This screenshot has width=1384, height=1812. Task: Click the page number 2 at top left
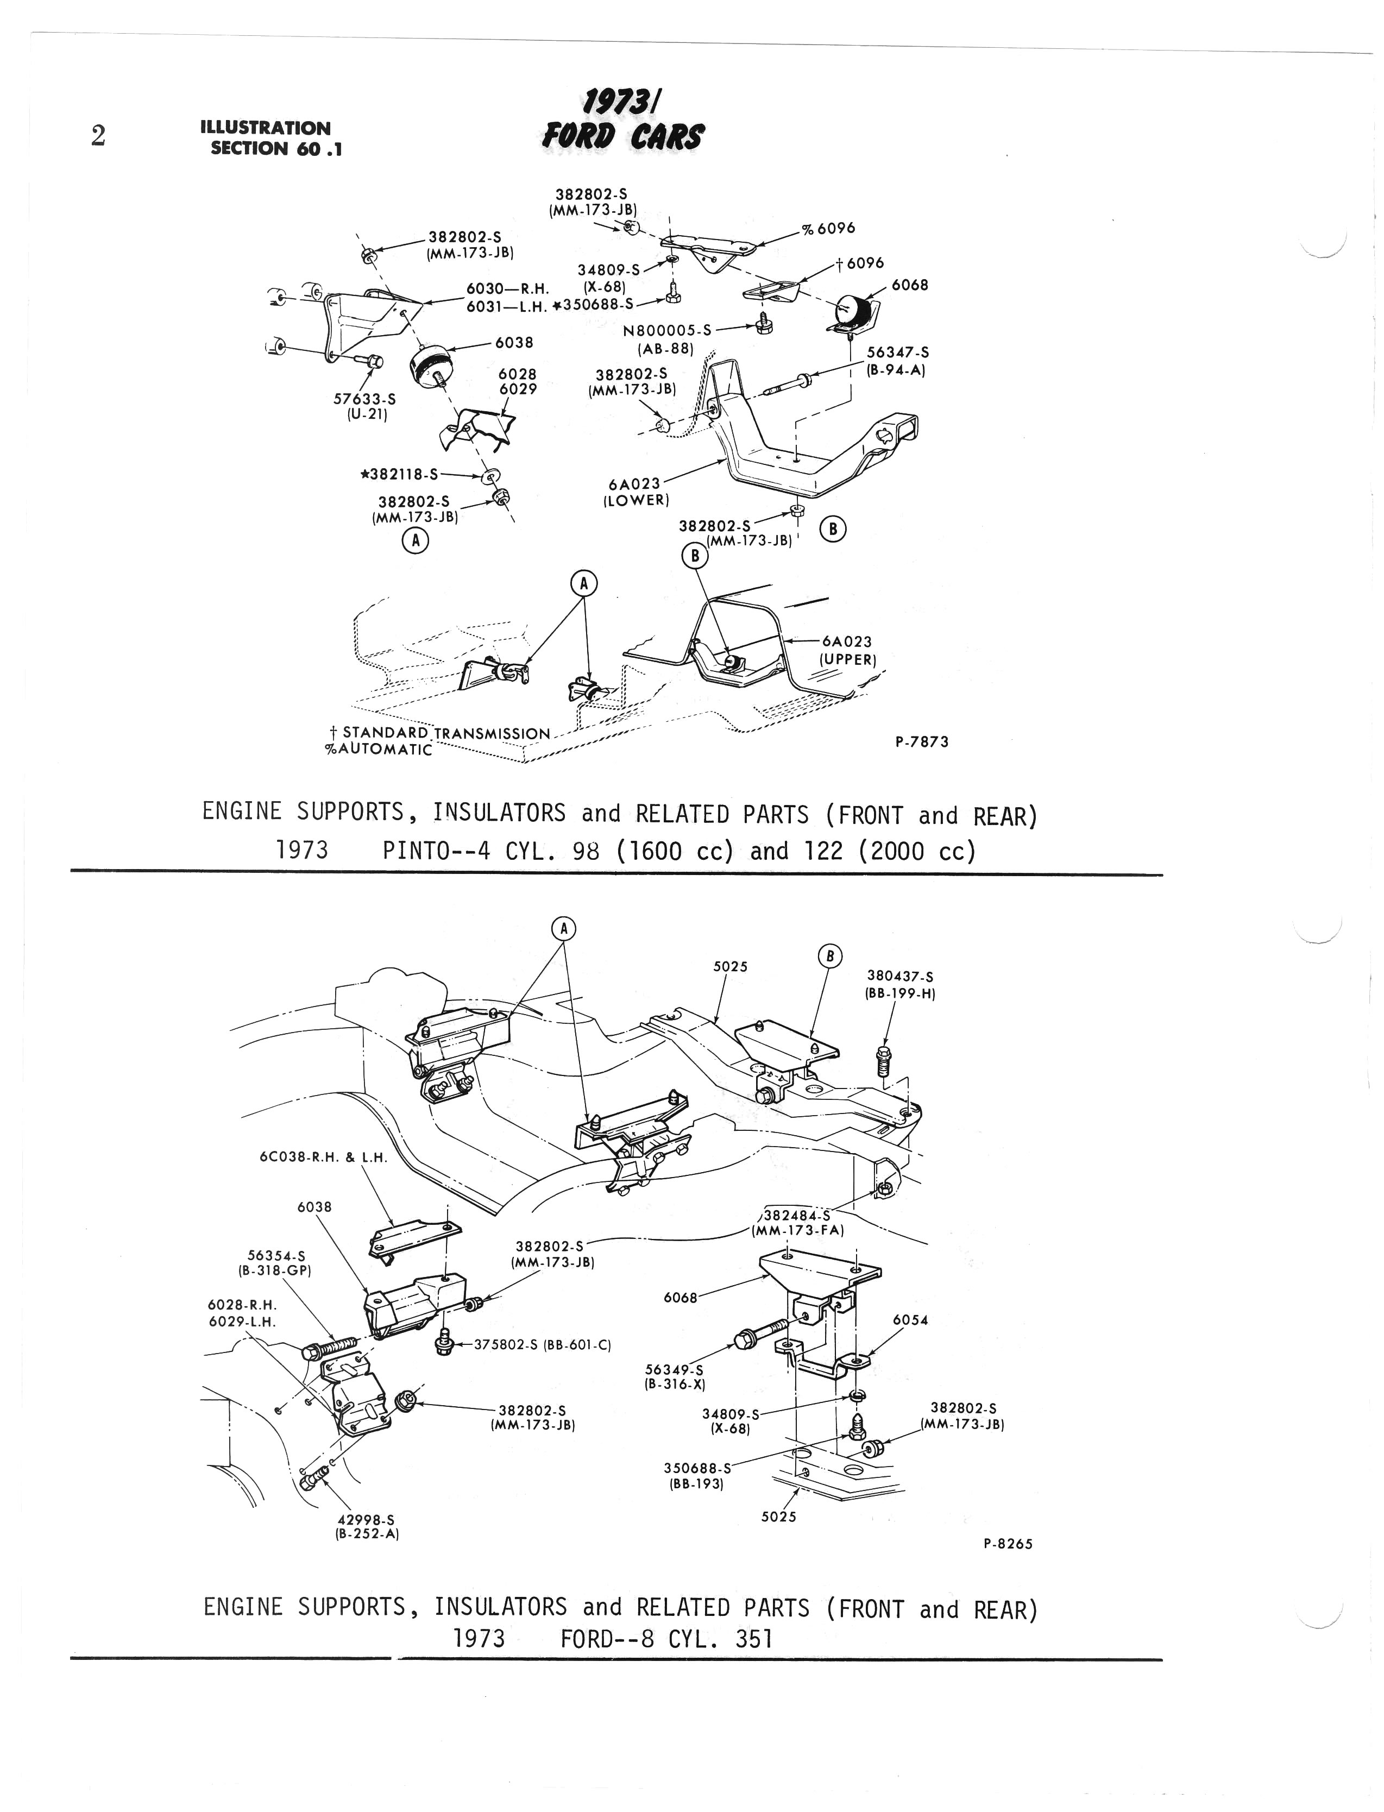[x=98, y=136]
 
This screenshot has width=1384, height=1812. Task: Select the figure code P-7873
[x=921, y=741]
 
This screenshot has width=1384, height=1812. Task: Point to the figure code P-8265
[x=1008, y=1544]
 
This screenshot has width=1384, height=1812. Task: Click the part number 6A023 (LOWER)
[x=636, y=492]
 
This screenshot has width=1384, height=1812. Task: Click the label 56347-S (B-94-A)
[x=896, y=361]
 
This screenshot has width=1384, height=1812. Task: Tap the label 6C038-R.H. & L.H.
[x=324, y=1156]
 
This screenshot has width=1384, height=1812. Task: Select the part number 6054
[x=910, y=1319]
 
